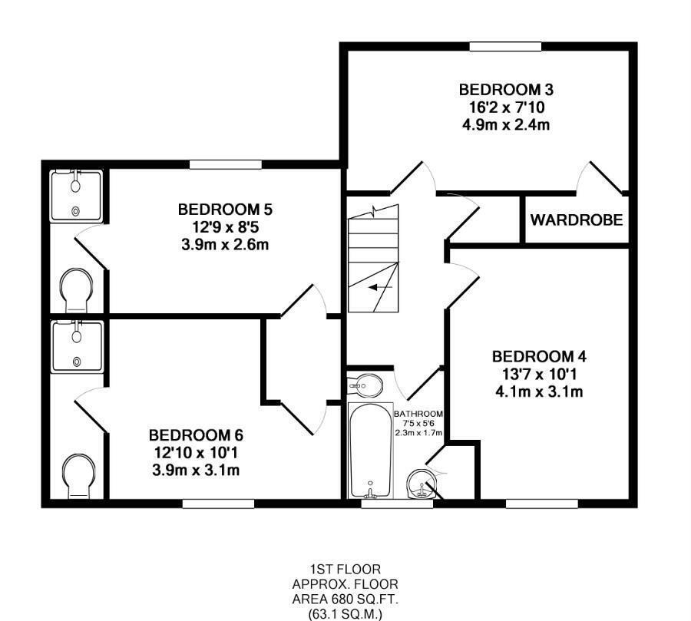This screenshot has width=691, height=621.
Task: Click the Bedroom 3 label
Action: coord(506,90)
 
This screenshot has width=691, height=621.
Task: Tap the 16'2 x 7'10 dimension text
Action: coord(507,107)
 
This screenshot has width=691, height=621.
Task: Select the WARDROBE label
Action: coord(577,220)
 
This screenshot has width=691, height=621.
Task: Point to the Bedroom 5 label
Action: coord(225,210)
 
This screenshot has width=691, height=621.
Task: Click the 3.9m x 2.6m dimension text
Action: coord(225,244)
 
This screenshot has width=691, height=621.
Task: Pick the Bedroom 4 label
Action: coord(540,356)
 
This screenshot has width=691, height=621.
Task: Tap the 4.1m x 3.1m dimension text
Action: coord(540,391)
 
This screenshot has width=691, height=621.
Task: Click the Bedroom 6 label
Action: coord(196,435)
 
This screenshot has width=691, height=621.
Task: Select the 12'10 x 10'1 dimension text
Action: coord(196,453)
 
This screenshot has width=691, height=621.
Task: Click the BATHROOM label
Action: coord(418,414)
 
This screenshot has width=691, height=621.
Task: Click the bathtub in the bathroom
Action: coord(371,451)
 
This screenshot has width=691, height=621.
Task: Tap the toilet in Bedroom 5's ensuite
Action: coord(77,290)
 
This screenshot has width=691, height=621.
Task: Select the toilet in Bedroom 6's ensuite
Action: coord(78,476)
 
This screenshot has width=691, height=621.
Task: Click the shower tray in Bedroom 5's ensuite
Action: coord(77,196)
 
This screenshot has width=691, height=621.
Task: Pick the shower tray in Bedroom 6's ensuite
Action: coord(77,346)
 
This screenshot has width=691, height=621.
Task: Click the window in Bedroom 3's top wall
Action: coord(505,46)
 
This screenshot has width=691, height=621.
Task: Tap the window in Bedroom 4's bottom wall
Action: coord(541,504)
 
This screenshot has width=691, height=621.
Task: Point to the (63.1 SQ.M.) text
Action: coord(345,614)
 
